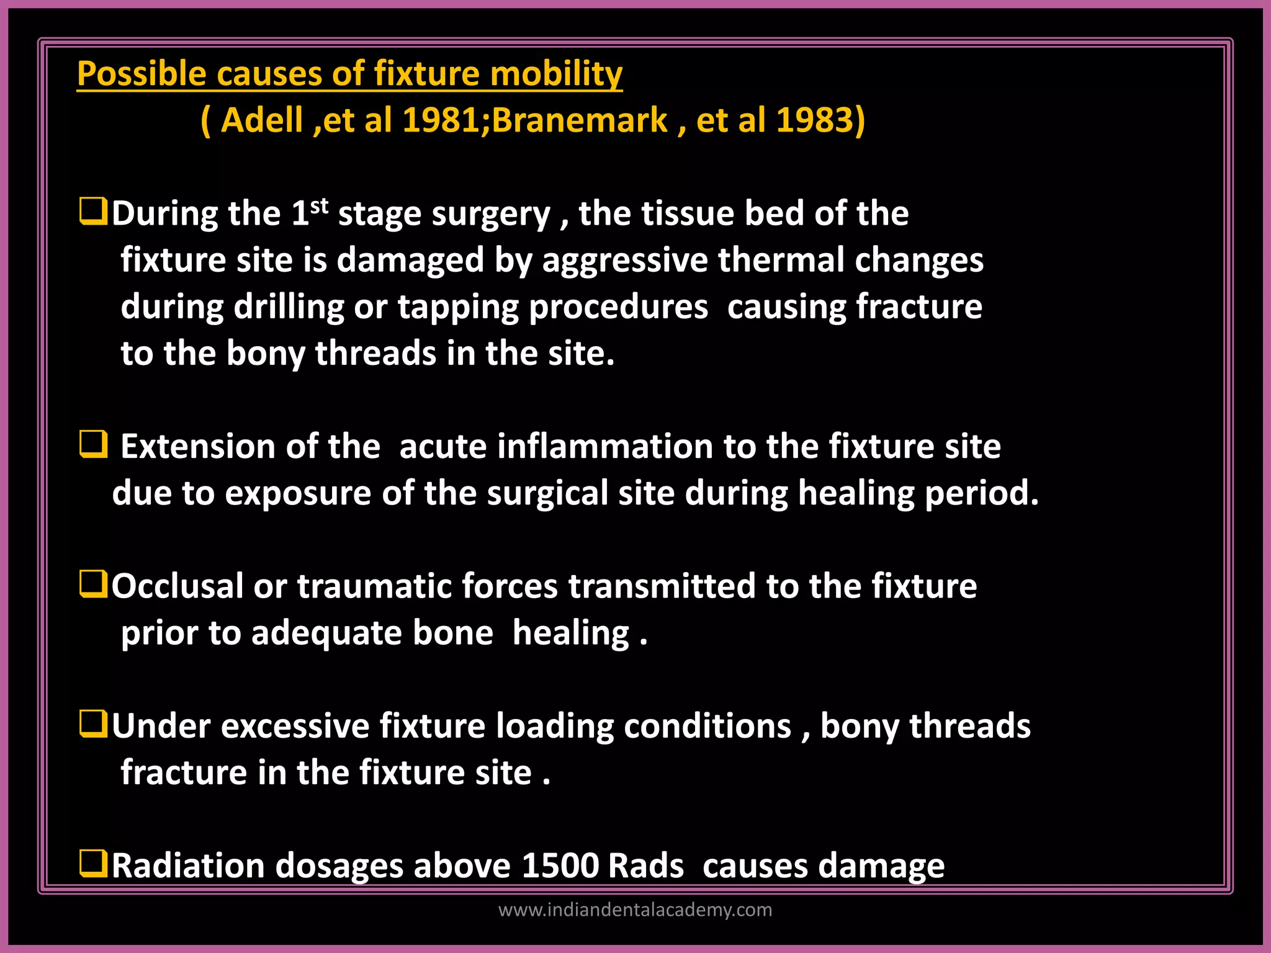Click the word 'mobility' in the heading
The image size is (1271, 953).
point(556,74)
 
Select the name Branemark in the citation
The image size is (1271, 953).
point(580,120)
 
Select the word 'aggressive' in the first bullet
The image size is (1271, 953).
point(625,261)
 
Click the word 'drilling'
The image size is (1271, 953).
point(289,308)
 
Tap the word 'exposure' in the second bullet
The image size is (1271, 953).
point(298,494)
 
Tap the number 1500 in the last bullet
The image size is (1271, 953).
point(560,866)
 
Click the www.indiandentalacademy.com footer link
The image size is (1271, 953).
point(635,910)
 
